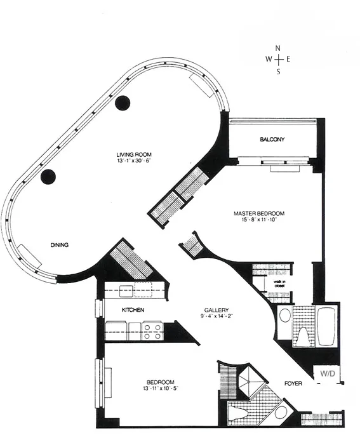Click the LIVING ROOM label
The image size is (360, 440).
point(133,154)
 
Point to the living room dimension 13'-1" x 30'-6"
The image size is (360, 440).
point(133,161)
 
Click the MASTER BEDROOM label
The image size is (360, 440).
point(258,213)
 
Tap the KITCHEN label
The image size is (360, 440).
point(133,310)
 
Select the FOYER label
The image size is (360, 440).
point(293,384)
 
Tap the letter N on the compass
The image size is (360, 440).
point(277,48)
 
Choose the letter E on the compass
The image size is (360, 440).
point(288,59)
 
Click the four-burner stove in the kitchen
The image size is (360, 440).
point(152,331)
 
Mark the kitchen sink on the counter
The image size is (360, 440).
point(125,291)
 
